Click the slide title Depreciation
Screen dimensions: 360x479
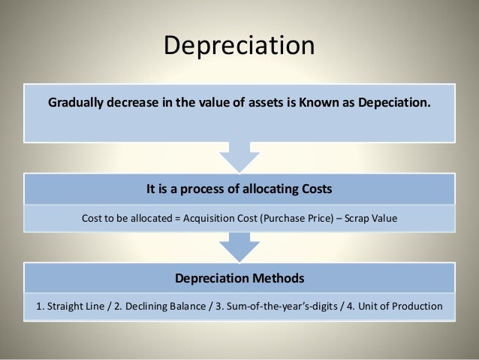point(239,45)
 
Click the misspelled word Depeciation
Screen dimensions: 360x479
point(394,103)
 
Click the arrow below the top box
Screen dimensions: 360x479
point(239,157)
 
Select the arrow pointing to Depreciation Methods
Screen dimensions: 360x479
point(239,247)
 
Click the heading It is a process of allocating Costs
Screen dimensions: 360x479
point(239,189)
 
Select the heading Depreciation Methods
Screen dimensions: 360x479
point(239,278)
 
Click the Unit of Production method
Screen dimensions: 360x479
point(393,307)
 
